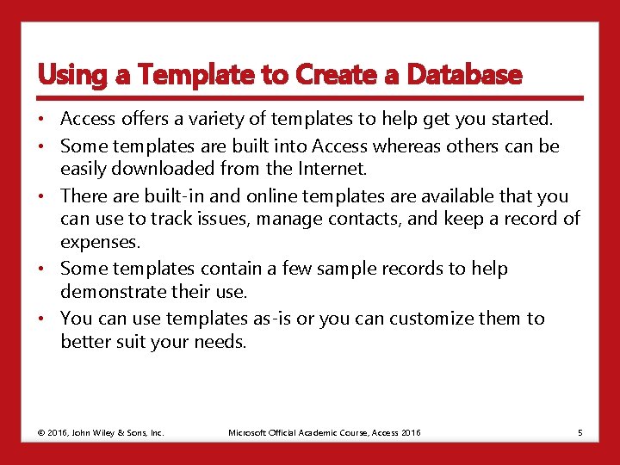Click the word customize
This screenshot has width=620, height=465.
431,319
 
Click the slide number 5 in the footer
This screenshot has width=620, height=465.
580,432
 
